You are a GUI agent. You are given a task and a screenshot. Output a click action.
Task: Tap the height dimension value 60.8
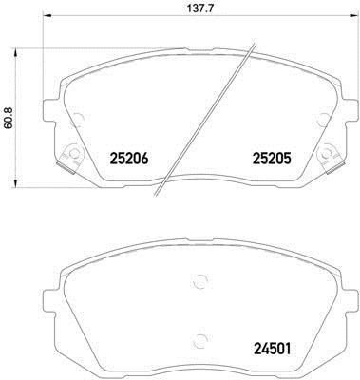9,118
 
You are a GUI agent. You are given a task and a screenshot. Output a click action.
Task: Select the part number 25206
129,159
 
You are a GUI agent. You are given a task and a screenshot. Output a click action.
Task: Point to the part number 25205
272,159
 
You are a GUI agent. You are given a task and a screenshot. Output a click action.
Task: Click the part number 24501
272,349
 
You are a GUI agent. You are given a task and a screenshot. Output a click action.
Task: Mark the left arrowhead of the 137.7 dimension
47,15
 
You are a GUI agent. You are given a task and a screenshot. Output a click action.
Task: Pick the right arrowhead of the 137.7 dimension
351,15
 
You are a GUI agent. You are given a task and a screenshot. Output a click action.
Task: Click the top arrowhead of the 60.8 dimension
15,53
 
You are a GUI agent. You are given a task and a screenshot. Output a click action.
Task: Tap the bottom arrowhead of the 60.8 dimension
15,183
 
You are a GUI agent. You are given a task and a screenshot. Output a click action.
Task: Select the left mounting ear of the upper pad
49,111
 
